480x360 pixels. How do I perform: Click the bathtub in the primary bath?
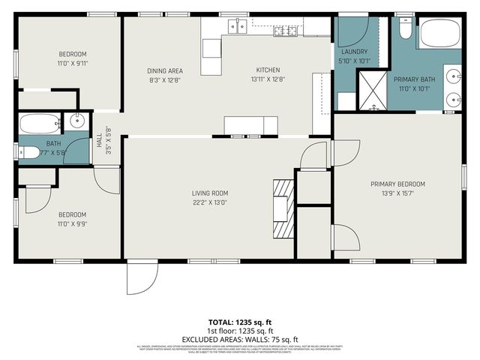(439, 34)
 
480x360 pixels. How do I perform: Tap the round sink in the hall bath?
(78, 121)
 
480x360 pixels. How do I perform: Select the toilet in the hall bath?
(28, 153)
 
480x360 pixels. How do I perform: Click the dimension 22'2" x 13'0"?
(209, 202)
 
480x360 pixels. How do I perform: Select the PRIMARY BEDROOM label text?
(397, 184)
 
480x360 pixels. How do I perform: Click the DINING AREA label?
(165, 71)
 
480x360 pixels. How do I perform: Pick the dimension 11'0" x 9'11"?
(73, 63)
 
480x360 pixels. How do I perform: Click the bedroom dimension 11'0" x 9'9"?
(73, 223)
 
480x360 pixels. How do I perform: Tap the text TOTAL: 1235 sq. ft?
(239, 322)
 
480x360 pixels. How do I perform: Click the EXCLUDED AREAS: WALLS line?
(239, 338)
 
